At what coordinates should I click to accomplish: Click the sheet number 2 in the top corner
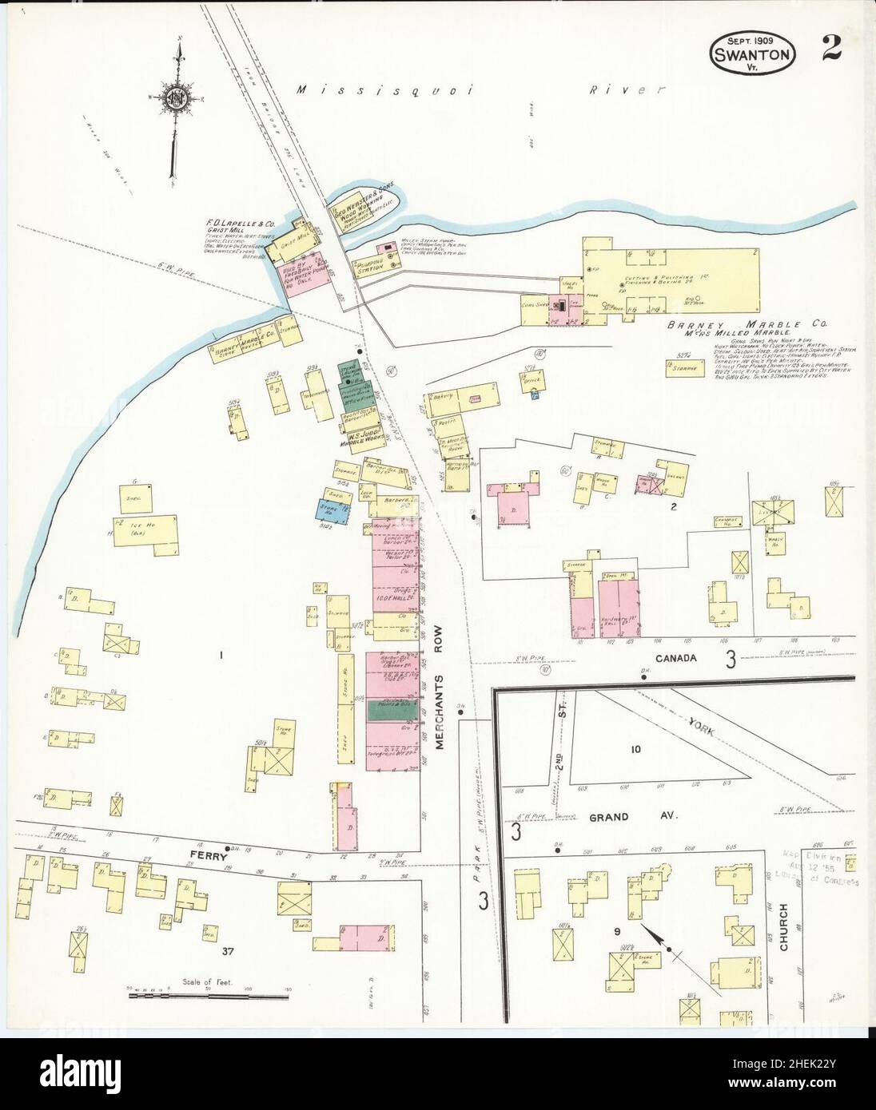830,50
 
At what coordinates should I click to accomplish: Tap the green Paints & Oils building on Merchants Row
392,708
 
